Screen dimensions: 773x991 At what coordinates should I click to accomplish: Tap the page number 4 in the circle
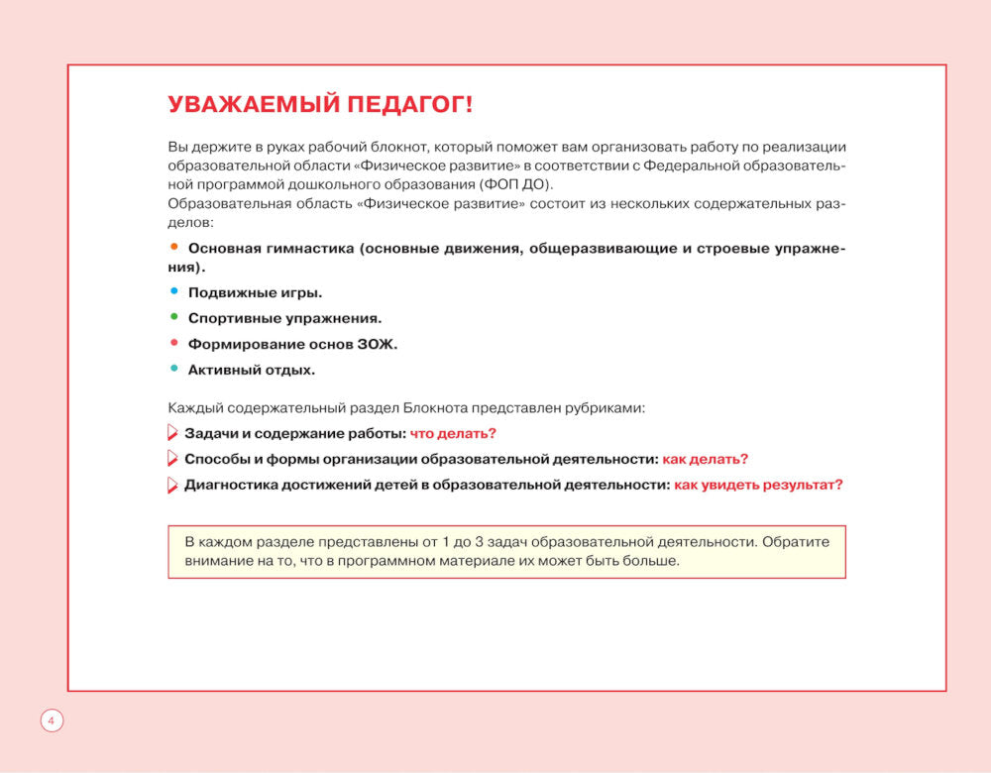pos(52,720)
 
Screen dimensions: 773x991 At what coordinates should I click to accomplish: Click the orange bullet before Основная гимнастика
pos(173,246)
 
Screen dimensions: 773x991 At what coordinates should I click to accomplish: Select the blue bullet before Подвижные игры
pos(173,291)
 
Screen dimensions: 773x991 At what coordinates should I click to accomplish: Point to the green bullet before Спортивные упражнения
pos(173,317)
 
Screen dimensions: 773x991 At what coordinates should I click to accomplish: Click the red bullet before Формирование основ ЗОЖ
pos(173,343)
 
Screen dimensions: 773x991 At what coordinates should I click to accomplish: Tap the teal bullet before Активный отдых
pos(173,369)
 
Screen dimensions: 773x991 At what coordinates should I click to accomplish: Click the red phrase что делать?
pos(453,433)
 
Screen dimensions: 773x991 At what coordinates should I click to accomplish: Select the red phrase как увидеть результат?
pos(758,485)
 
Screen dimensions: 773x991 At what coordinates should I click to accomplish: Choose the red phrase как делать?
pos(705,459)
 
